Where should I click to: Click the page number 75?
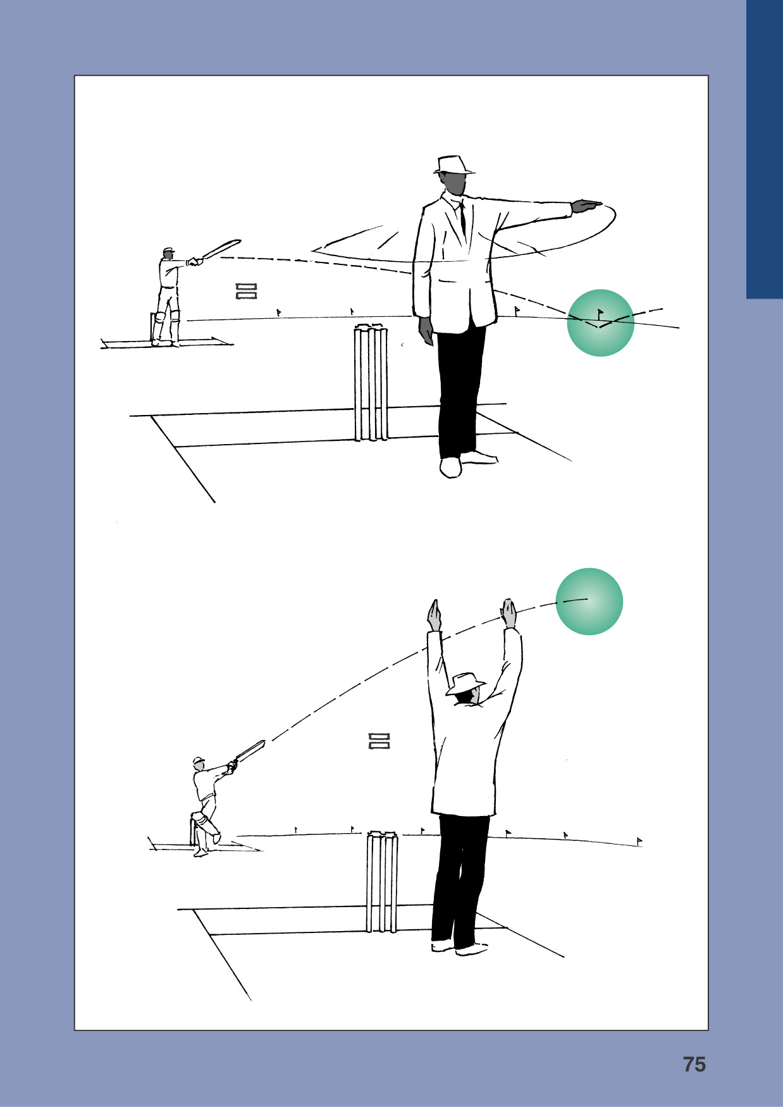coord(694,1064)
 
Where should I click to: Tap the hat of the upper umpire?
coord(453,164)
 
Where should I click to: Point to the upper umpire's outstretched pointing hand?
coord(586,206)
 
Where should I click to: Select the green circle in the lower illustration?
coord(589,601)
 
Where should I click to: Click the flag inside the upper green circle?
coord(600,312)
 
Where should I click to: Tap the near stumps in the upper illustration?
coord(371,382)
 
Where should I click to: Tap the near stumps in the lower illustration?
coord(382,882)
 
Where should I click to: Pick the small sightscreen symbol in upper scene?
coord(246,291)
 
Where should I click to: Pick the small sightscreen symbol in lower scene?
coord(379,741)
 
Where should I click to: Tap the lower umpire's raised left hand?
coord(434,614)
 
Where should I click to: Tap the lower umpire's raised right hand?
coord(509,612)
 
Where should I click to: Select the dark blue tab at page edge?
coord(764,149)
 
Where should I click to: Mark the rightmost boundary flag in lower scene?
coord(639,841)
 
